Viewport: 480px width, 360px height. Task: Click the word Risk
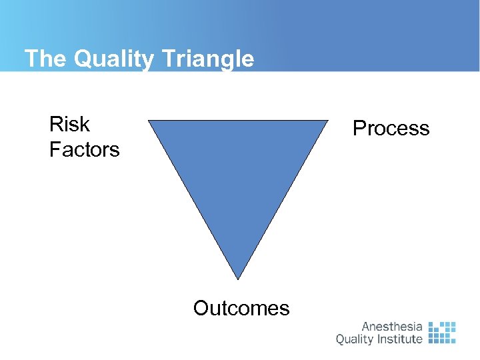point(69,124)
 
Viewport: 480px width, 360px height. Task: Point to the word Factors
point(84,149)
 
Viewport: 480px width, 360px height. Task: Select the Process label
point(391,128)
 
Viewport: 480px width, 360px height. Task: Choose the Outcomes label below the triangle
point(241,308)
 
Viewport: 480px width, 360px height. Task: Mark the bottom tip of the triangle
point(238,278)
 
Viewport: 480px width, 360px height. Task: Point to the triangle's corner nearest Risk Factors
point(150,121)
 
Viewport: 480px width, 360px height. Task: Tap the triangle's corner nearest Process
point(327,121)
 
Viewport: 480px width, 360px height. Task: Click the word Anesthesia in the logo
point(392,327)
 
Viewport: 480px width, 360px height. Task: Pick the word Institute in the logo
point(398,339)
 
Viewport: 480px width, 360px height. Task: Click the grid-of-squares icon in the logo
point(441,332)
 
